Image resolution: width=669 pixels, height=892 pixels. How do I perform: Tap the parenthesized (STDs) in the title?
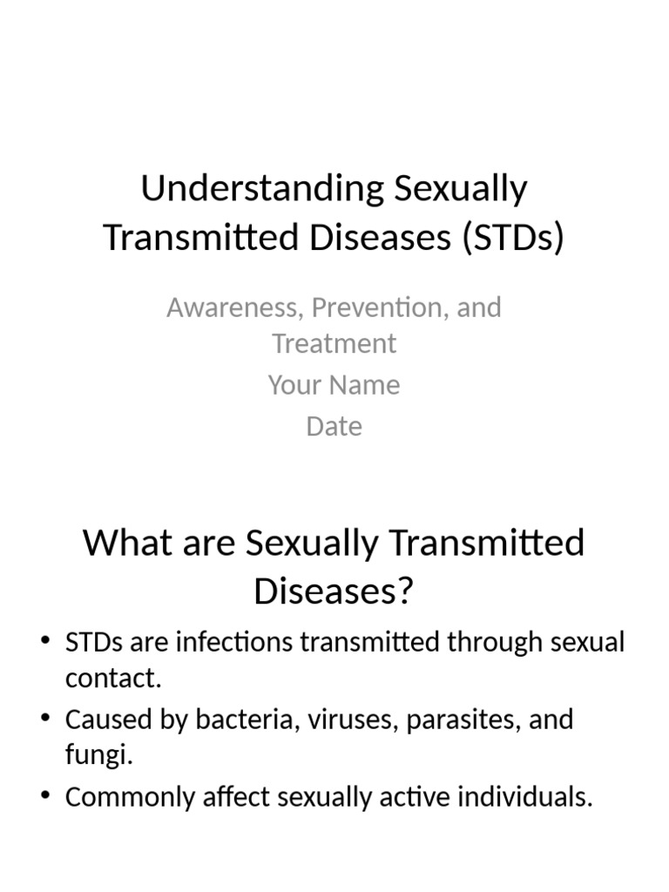pos(509,237)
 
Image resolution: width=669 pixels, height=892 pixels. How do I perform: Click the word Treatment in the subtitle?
pos(334,344)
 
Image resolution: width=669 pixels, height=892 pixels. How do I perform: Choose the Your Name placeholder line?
pos(334,385)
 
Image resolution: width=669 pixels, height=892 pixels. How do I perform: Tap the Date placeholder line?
pos(334,427)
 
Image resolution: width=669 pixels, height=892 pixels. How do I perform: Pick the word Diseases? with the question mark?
pos(334,591)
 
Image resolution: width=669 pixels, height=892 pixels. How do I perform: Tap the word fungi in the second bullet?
pos(98,756)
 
